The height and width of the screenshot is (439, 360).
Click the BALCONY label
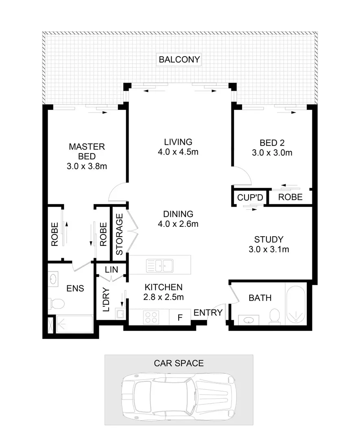(x=179, y=60)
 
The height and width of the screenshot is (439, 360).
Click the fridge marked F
(x=179, y=317)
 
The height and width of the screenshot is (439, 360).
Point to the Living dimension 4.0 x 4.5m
(x=178, y=153)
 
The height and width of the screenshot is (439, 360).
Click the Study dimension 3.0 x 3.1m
(x=268, y=250)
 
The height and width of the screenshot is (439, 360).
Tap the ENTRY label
(x=208, y=313)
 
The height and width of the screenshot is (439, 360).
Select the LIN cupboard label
(x=111, y=269)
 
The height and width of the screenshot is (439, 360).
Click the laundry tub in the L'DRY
(x=120, y=313)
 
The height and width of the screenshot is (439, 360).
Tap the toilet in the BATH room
(x=275, y=315)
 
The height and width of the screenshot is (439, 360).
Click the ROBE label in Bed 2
(x=291, y=197)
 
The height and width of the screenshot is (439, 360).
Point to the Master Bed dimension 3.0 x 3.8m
(x=87, y=166)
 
